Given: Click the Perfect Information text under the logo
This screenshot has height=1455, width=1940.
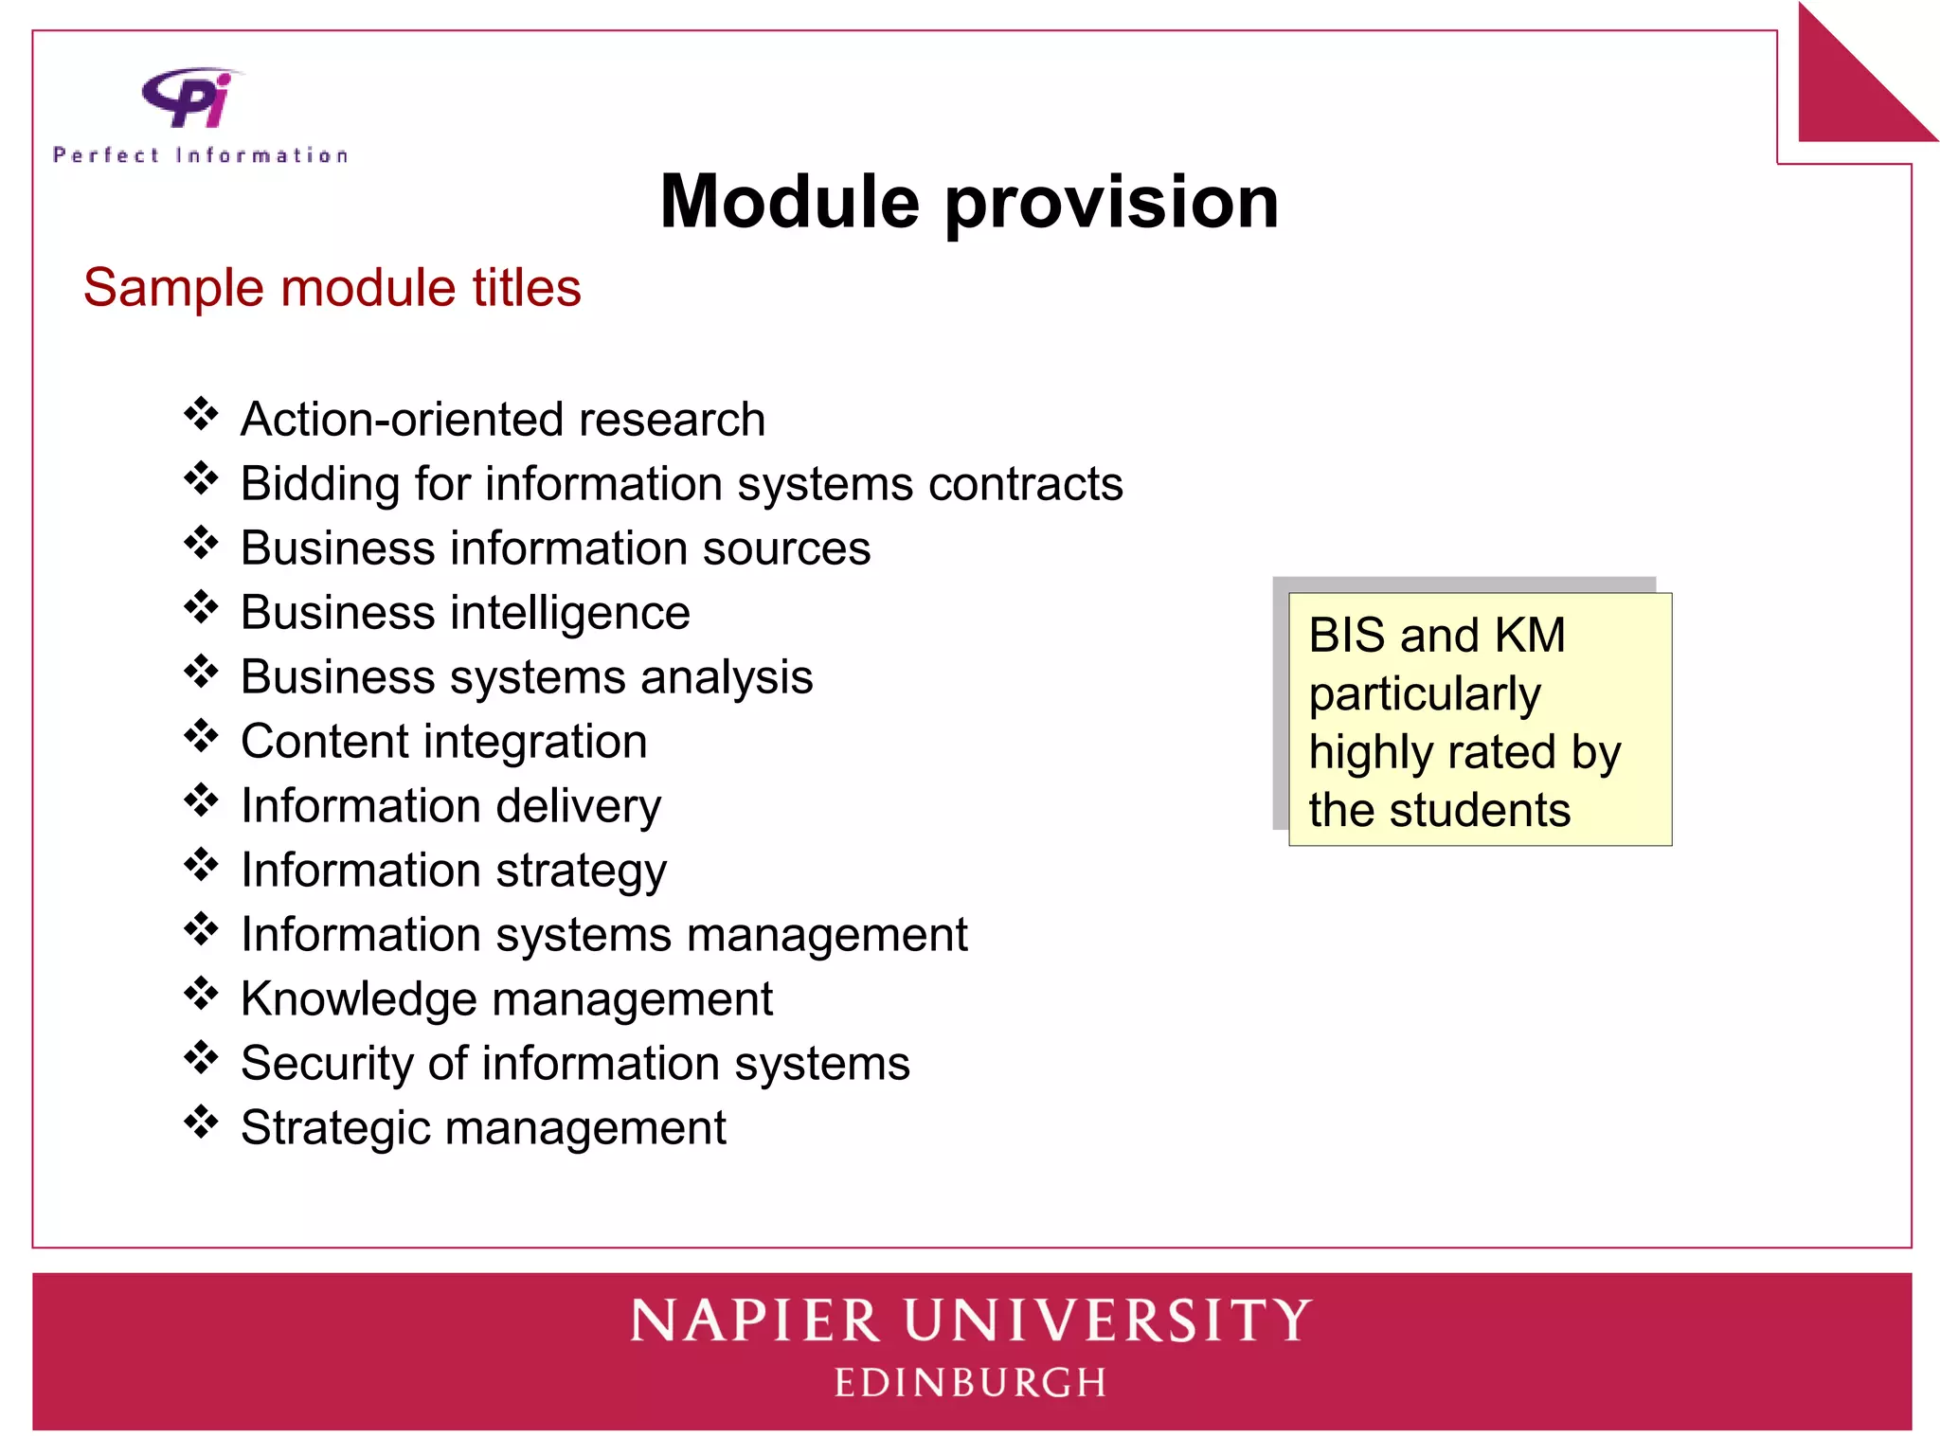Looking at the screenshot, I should [201, 155].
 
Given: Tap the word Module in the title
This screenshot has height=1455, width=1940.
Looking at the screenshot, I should [789, 202].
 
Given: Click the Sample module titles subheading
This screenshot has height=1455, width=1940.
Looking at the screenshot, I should [332, 287].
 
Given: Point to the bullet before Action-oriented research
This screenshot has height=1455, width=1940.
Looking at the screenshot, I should [201, 414].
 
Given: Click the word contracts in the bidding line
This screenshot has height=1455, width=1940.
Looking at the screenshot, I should [1025, 484].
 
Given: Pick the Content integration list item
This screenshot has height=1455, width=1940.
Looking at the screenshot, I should [443, 742].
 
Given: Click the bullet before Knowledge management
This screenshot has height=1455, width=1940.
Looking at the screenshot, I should [201, 994].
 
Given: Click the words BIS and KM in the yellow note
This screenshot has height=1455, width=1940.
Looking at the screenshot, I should [1436, 635].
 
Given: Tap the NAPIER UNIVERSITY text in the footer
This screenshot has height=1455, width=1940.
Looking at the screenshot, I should [970, 1321].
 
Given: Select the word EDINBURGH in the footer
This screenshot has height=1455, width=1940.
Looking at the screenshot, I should [970, 1383].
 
